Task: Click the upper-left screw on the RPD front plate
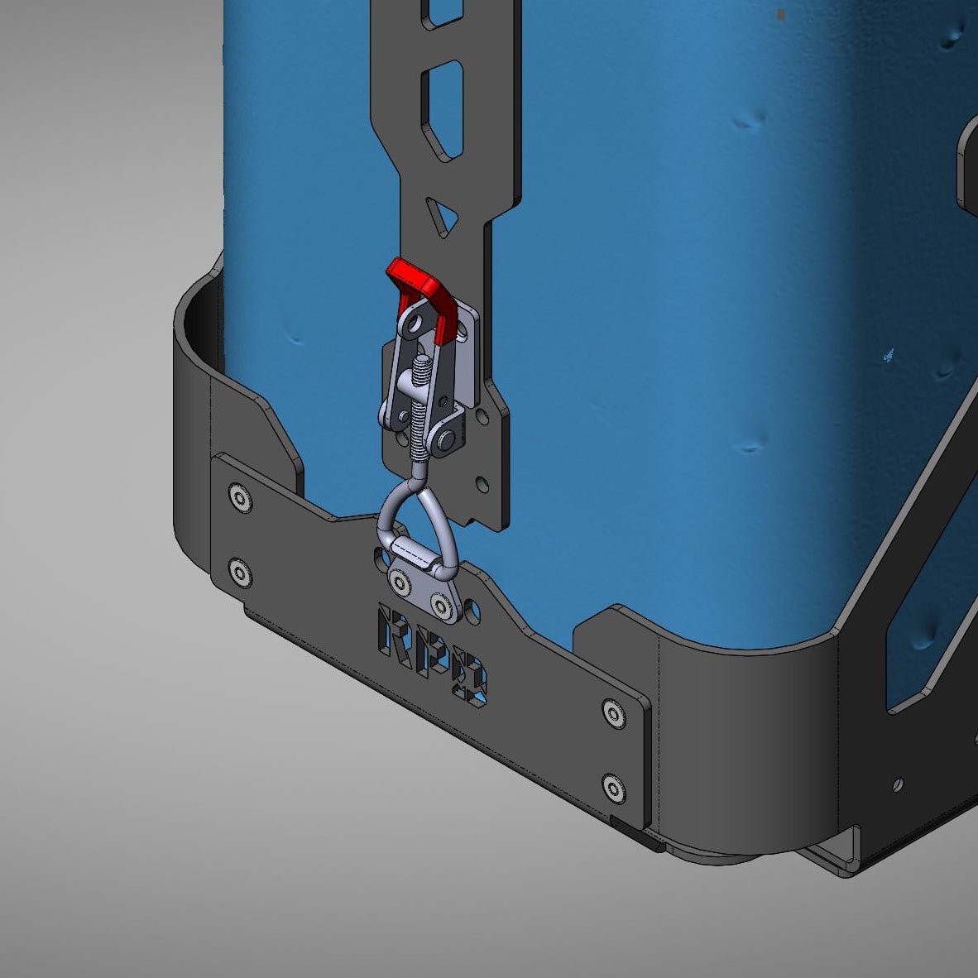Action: [x=240, y=498]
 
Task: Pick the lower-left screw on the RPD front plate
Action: [x=240, y=572]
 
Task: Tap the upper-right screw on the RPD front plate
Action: [x=612, y=712]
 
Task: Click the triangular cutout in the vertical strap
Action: [x=443, y=217]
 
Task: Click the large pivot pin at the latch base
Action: [x=448, y=440]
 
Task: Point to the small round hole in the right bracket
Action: [x=899, y=782]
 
